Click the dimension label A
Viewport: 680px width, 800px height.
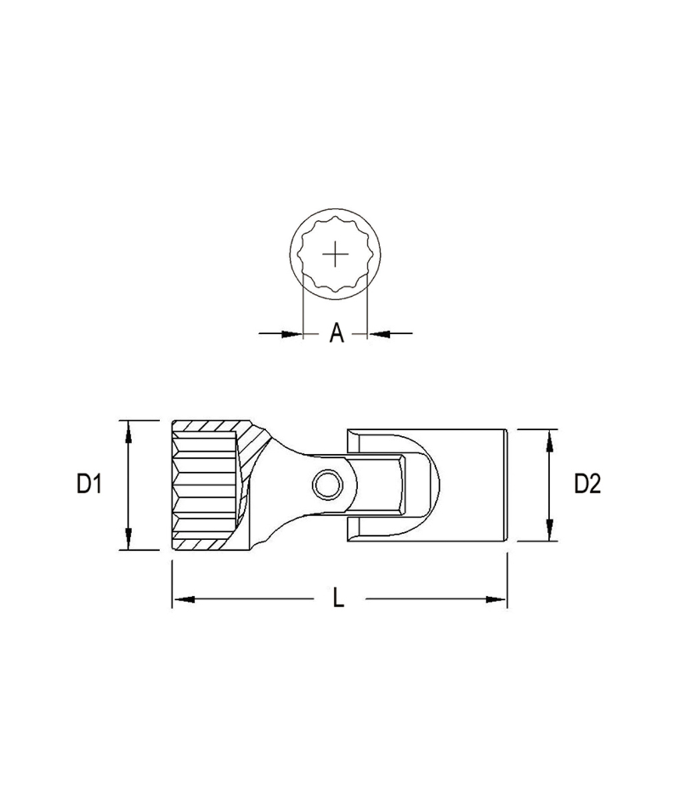coord(337,333)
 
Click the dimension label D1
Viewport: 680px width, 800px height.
coord(89,485)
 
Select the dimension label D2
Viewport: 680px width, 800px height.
coord(587,485)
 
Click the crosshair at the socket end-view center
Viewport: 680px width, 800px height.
coord(335,255)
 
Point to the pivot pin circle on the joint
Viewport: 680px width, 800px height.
coord(327,484)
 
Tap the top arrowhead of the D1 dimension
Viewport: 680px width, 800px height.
coord(128,430)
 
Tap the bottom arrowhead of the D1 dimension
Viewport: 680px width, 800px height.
coord(128,539)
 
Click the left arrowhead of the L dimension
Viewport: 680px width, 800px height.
coord(183,599)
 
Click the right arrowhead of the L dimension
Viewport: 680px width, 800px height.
coord(497,599)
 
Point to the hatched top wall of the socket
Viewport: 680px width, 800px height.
coord(210,426)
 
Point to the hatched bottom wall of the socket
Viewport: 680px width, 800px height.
coord(210,544)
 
